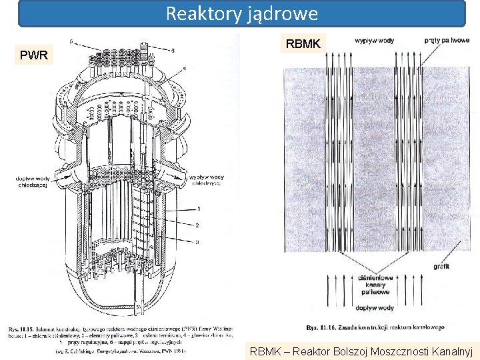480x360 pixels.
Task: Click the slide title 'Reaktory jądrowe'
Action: [x=241, y=13]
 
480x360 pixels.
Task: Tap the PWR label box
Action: [x=33, y=55]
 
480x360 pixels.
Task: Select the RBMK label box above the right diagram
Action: [x=303, y=44]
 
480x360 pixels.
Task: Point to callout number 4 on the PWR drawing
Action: [x=183, y=68]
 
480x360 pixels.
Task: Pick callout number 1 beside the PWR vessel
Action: [x=198, y=209]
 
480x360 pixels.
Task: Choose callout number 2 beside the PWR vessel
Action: [x=198, y=225]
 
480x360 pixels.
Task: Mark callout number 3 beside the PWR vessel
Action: [x=198, y=241]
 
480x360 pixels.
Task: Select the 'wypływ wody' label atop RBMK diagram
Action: [x=374, y=41]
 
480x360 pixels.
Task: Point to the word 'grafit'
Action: [x=441, y=266]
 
